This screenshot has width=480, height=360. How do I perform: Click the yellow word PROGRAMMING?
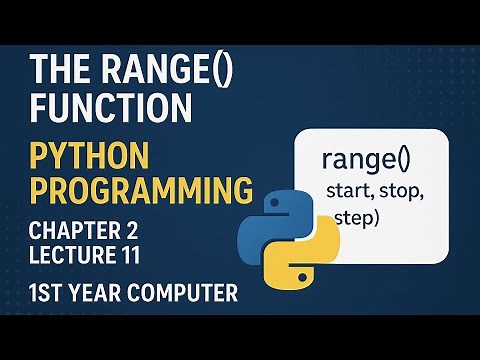pyautogui.click(x=137, y=189)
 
